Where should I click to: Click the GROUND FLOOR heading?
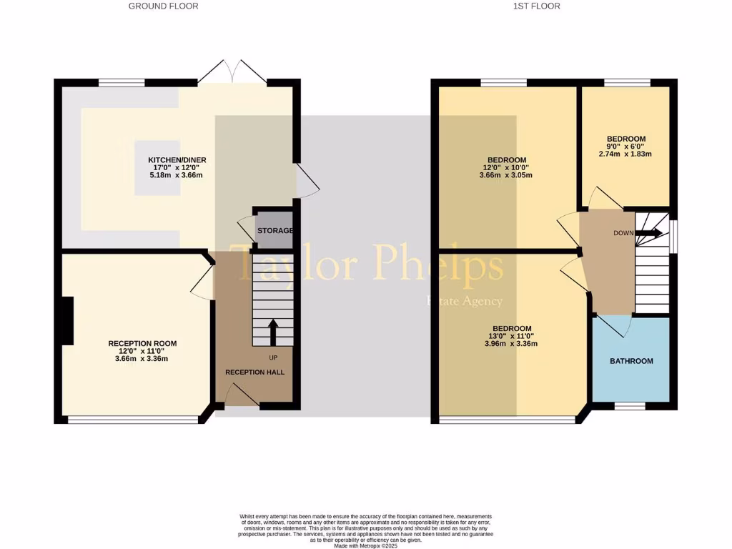click(x=163, y=6)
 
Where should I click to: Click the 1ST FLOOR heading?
click(x=536, y=6)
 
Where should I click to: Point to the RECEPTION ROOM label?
click(x=142, y=343)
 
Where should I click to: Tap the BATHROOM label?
click(x=631, y=361)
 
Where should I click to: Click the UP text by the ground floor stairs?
click(x=273, y=357)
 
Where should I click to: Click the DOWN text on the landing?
click(x=623, y=233)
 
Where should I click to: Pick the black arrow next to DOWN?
click(x=648, y=233)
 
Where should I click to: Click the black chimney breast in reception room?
click(x=67, y=321)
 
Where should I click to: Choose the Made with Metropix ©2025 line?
click(x=365, y=545)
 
